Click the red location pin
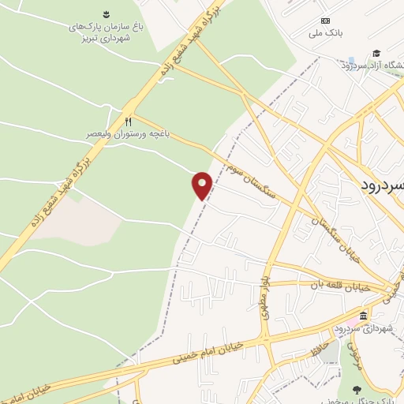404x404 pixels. tap(202, 185)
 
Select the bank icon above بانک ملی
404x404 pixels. tap(325, 21)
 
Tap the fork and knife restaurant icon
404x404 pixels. tap(128, 121)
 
